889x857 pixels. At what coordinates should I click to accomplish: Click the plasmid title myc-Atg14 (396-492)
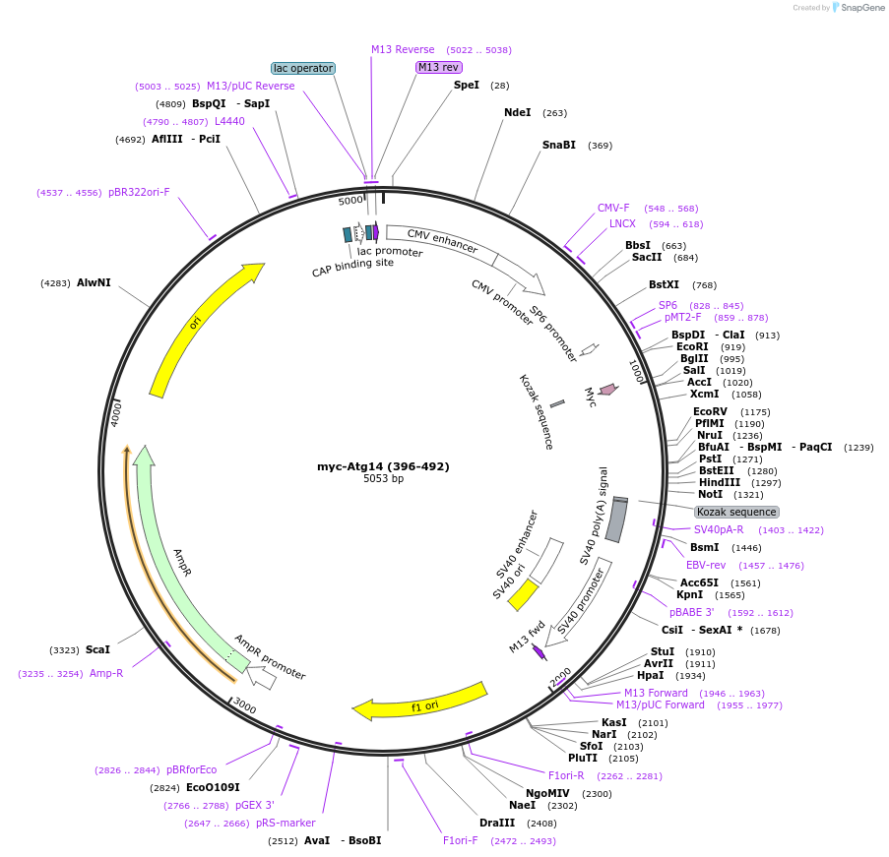coord(383,466)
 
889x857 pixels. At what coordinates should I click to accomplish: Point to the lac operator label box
coord(303,68)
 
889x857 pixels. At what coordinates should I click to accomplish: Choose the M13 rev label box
coord(438,67)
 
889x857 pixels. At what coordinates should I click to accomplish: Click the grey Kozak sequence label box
coord(736,512)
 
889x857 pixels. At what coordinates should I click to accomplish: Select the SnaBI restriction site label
coord(559,146)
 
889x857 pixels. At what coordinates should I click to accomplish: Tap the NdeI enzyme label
coord(517,112)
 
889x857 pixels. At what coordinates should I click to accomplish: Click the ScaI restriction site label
coord(97,649)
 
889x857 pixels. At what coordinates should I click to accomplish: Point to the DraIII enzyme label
coord(496,823)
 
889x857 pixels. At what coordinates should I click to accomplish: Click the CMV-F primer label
coord(613,208)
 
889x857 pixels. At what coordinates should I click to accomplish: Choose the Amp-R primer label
coord(106,673)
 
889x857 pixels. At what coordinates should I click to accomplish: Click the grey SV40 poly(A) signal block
coord(616,520)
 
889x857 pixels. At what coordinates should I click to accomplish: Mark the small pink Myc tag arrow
coord(608,390)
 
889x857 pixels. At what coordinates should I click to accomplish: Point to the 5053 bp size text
coord(383,479)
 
